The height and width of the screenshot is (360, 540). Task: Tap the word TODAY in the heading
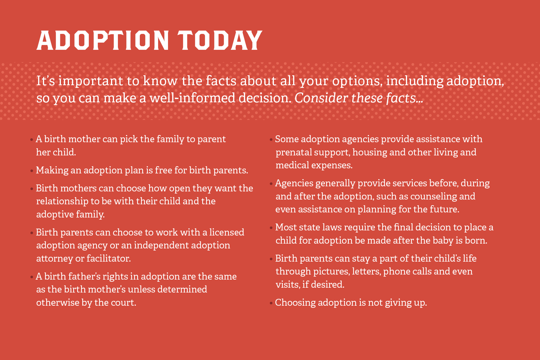pos(220,40)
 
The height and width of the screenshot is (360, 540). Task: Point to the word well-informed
pos(192,98)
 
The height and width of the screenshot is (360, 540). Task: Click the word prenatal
pos(294,152)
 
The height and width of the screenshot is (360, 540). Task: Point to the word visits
pos(287,284)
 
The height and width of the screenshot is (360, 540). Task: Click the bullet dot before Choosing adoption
pos(271,303)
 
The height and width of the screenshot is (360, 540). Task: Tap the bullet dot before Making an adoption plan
pos(32,171)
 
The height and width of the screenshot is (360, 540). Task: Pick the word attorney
pos(54,258)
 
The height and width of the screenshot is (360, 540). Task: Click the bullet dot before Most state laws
pos(271,228)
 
